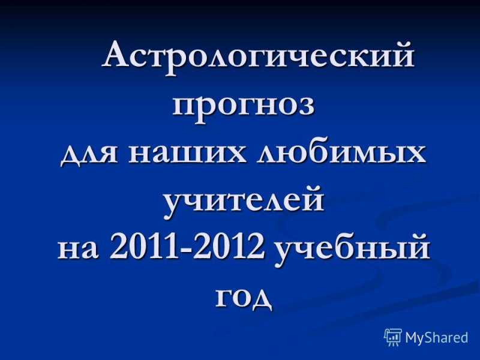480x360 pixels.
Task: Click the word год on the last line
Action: click(x=244, y=298)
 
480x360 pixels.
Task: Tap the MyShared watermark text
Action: click(x=437, y=337)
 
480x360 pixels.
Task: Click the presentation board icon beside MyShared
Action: click(x=394, y=337)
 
